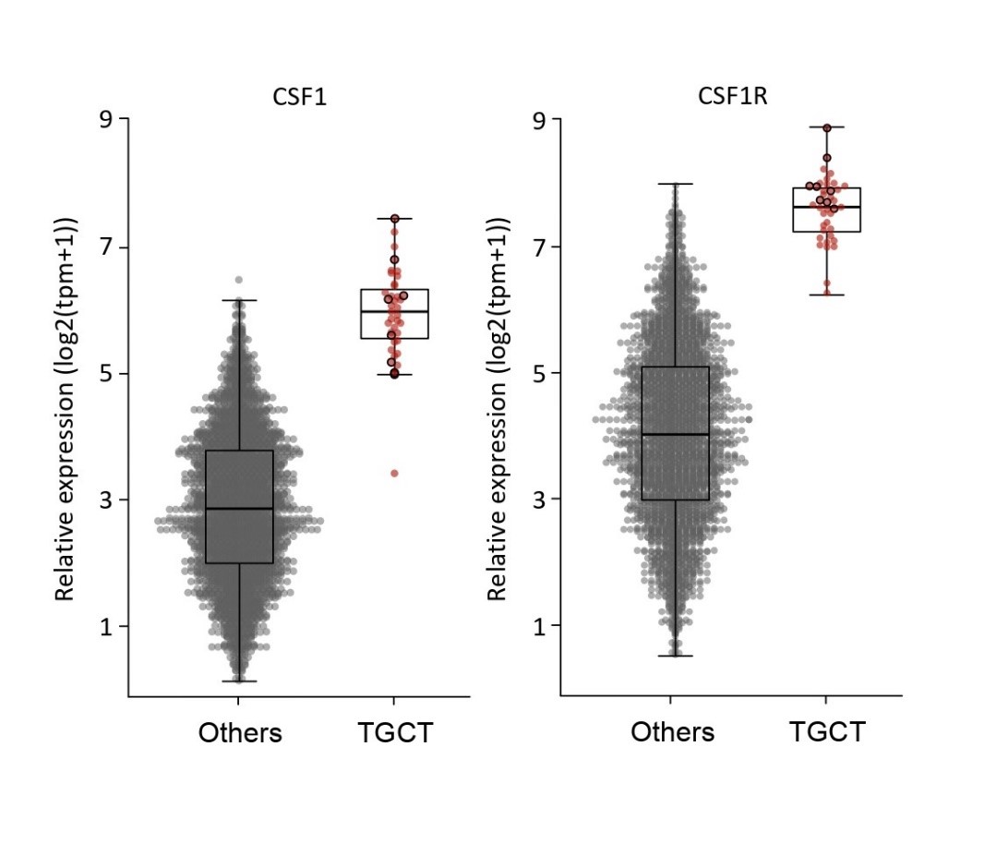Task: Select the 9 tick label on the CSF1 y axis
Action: click(107, 120)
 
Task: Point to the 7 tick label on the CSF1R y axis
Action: click(539, 247)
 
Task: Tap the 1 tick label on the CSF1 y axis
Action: click(107, 626)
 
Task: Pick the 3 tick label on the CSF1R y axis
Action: click(539, 500)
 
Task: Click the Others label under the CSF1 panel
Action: click(240, 733)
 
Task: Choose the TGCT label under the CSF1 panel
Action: click(395, 733)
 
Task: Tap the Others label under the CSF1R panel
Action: click(672, 733)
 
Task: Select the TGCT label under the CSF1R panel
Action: click(827, 733)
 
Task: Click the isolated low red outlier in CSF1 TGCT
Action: click(394, 473)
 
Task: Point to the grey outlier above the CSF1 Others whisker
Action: click(238, 280)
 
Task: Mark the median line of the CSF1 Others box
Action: click(239, 509)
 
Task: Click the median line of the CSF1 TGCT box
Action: click(394, 312)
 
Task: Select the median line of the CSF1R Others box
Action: click(675, 434)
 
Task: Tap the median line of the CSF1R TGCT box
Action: click(826, 207)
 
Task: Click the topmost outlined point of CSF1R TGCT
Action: click(827, 128)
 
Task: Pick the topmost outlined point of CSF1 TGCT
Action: click(394, 219)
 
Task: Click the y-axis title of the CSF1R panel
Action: click(498, 408)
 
